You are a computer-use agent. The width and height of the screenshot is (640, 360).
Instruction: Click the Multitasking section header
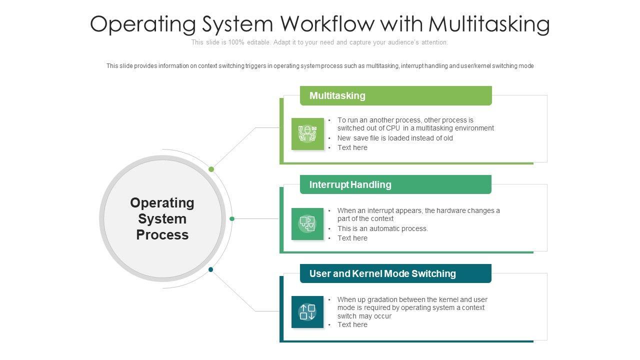tap(337, 95)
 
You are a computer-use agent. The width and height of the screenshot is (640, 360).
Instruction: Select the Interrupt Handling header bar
tap(350, 184)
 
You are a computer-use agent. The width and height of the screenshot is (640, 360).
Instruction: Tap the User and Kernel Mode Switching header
tap(382, 273)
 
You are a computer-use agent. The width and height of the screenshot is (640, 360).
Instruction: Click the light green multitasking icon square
tap(307, 134)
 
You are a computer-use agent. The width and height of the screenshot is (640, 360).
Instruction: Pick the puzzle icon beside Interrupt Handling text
tap(307, 223)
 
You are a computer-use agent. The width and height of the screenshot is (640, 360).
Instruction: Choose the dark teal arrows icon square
tap(307, 312)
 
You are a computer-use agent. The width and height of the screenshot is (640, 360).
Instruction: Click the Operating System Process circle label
tap(162, 218)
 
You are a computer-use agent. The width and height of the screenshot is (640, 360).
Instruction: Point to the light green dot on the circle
tap(211, 169)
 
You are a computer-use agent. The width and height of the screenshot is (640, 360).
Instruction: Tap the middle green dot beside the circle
tap(232, 218)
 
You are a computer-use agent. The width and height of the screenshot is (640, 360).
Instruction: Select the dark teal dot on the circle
tap(211, 269)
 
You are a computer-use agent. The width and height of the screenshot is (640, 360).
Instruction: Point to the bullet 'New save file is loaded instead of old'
tap(395, 138)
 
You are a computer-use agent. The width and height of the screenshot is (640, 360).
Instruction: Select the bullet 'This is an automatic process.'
tap(382, 228)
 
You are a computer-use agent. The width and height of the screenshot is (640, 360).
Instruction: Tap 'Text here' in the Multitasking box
tap(352, 147)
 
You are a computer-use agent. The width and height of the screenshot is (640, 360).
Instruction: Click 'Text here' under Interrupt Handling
tap(352, 238)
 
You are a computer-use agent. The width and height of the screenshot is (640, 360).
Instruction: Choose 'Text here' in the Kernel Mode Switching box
tap(352, 324)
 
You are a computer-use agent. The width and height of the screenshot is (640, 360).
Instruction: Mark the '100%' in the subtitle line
tap(236, 42)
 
